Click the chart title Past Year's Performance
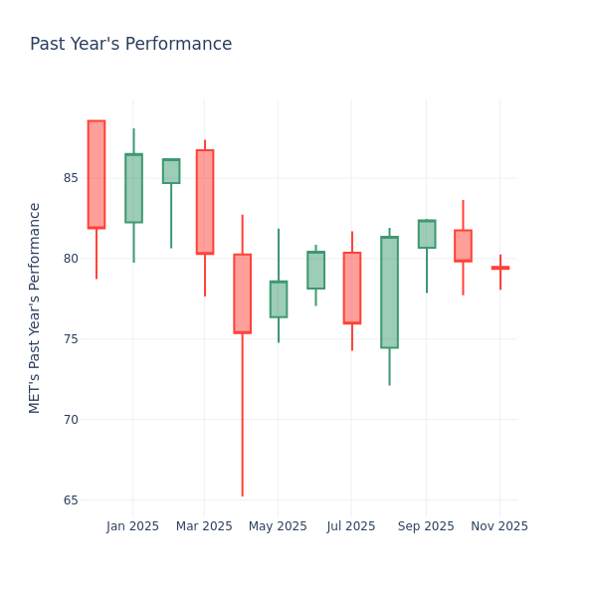130,45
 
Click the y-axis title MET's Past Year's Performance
35,307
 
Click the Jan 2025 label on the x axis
133,526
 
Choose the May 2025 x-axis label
278,526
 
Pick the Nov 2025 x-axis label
499,526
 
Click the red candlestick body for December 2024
97,174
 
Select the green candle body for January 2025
133,188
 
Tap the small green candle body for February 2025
171,171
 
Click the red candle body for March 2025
205,202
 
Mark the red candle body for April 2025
242,294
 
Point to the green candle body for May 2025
279,299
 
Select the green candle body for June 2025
315,270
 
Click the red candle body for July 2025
352,288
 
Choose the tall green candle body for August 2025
389,293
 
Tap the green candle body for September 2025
427,234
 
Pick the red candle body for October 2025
463,246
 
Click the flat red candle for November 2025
499,268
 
